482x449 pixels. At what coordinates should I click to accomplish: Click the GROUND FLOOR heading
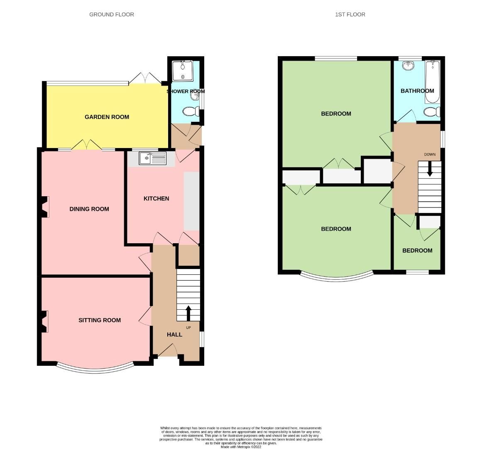(112, 15)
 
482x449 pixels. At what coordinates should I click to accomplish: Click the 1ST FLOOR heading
(350, 15)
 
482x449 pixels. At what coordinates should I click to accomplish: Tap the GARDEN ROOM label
(107, 117)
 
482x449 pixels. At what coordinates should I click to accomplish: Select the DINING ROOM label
(89, 209)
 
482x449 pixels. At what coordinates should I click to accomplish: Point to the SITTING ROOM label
(100, 320)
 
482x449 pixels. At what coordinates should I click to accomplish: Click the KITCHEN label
(156, 198)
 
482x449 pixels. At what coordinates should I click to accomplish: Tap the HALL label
(174, 334)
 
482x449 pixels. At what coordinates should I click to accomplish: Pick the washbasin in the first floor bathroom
(409, 65)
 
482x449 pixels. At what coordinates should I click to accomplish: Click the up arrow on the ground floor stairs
(188, 313)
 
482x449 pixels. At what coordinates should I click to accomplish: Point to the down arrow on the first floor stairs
(430, 168)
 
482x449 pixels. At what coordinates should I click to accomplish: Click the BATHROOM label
(417, 91)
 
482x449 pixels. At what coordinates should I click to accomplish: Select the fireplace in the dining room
(44, 207)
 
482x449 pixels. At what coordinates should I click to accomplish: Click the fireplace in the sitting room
(44, 322)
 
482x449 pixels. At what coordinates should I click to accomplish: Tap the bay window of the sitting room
(95, 368)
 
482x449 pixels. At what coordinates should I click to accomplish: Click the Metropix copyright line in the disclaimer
(241, 447)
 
